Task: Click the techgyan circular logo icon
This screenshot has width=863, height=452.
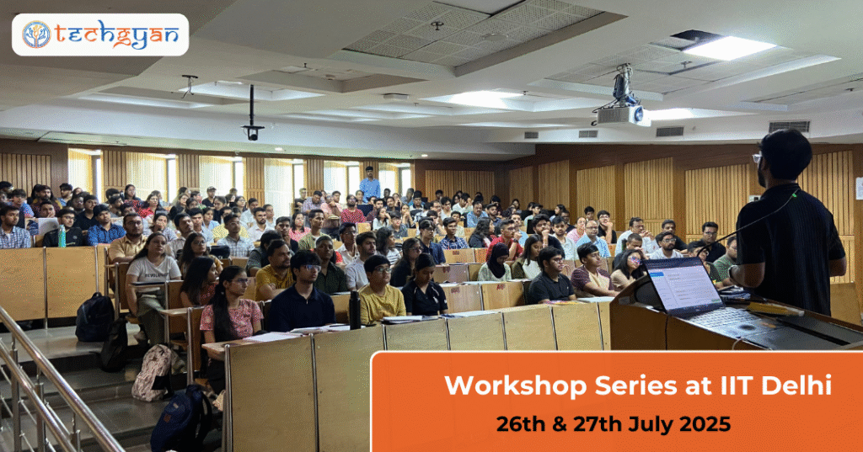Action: (x=37, y=35)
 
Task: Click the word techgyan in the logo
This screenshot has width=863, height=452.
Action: (x=116, y=35)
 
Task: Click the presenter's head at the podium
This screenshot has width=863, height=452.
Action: (x=784, y=157)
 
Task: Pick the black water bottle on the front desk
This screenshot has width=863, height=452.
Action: (x=355, y=310)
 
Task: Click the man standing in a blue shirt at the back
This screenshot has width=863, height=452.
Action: (x=370, y=185)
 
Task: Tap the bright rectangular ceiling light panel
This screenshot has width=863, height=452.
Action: (x=729, y=47)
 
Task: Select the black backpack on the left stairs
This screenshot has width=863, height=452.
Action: (x=94, y=317)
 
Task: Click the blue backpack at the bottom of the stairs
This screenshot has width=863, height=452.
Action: (x=182, y=417)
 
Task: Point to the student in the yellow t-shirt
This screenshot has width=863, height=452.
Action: (x=381, y=290)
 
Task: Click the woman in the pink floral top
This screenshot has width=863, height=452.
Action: (x=230, y=309)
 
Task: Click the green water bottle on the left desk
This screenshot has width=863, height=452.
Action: (x=62, y=237)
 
